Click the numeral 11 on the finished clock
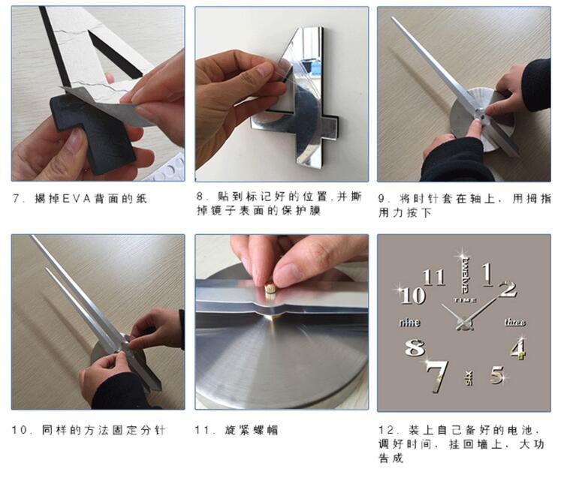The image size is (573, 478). (x=434, y=277)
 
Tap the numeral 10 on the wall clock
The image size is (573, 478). (x=413, y=296)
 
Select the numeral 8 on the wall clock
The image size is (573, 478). (x=415, y=347)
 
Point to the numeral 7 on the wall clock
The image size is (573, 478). (x=437, y=376)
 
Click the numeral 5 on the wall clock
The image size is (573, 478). (x=497, y=375)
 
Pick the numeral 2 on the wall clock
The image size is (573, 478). (x=508, y=289)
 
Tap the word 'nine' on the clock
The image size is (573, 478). (x=410, y=323)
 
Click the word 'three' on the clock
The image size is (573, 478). (x=515, y=322)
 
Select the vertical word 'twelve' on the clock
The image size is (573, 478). (x=465, y=275)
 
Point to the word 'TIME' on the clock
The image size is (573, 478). (x=465, y=300)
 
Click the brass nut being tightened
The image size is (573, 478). (x=270, y=289)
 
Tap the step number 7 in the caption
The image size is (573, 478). (x=17, y=198)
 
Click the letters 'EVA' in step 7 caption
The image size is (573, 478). (x=77, y=199)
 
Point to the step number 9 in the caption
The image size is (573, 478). (x=382, y=199)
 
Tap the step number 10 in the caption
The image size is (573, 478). (x=20, y=430)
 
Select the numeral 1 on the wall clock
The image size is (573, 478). (x=487, y=274)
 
